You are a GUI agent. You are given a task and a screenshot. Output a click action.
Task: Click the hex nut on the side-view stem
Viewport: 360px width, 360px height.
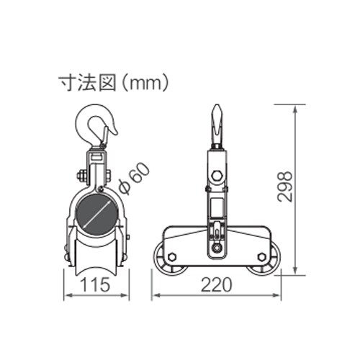217,175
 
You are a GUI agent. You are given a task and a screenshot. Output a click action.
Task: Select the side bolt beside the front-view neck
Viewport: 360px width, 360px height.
78,174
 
